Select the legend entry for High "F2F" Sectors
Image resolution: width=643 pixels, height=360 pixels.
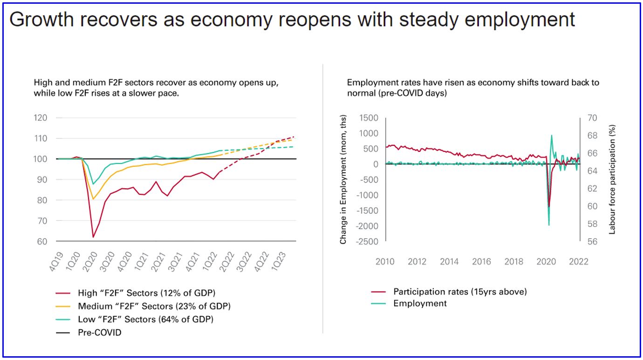(146, 293)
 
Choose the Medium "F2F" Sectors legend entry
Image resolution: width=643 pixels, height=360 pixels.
(154, 306)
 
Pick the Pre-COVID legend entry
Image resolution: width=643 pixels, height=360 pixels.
(99, 333)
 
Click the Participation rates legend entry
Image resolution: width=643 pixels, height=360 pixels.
(460, 292)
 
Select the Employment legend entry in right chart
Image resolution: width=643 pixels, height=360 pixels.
(420, 304)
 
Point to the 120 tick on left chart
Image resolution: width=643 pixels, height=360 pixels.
(41, 118)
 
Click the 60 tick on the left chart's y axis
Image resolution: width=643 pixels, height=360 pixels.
(42, 241)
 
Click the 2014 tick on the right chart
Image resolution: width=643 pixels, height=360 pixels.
(449, 262)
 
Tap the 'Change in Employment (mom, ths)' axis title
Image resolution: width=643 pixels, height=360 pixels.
(343, 180)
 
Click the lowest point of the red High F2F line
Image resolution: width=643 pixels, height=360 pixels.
(93, 238)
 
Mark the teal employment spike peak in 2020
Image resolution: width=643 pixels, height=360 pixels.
(552, 136)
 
